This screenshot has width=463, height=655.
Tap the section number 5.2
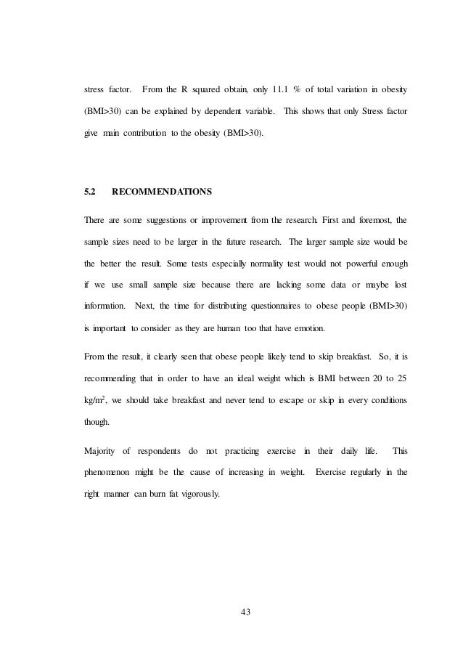point(91,192)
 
